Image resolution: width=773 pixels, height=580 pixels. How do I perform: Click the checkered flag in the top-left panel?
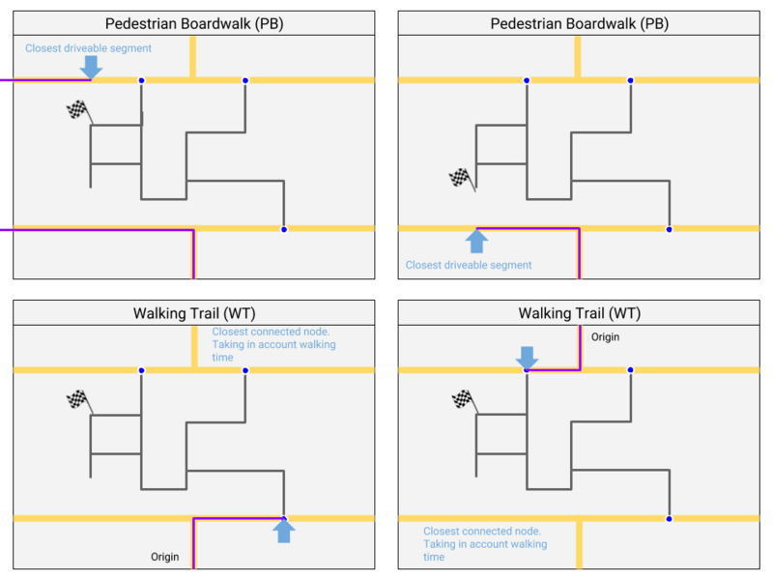pos(76,110)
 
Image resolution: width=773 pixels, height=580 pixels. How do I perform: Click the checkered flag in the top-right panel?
pos(461,178)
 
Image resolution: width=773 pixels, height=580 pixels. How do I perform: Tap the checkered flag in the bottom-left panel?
pos(76,398)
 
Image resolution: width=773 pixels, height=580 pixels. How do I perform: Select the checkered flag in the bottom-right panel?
pos(463,398)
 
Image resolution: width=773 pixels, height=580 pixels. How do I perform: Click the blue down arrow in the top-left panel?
pos(91,66)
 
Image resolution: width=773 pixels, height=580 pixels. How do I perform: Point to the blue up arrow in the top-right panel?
pos(477,241)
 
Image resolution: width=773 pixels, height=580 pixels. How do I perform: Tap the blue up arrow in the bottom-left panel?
pos(283,531)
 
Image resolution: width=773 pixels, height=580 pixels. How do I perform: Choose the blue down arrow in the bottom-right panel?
pos(526,357)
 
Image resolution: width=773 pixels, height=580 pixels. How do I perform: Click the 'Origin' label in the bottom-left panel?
pos(165,557)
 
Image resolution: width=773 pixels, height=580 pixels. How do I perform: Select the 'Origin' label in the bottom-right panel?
pos(605,337)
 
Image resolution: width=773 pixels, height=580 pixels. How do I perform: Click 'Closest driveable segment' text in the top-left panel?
pos(88,47)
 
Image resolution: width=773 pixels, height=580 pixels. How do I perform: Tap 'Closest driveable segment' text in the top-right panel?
pos(469,265)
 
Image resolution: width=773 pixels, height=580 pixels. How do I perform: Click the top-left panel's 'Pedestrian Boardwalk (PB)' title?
pos(193,23)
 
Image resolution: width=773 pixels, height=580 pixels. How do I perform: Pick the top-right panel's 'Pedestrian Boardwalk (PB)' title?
pos(579,23)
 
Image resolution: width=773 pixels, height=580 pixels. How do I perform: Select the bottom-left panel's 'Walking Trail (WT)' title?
pos(193,313)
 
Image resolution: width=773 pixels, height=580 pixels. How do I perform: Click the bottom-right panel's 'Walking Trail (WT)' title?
pos(579,313)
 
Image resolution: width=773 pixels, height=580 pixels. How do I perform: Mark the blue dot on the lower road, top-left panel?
pos(283,229)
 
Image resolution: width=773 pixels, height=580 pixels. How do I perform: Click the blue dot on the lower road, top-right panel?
pos(669,229)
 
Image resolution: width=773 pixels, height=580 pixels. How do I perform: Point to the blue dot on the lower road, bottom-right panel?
pos(669,519)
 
